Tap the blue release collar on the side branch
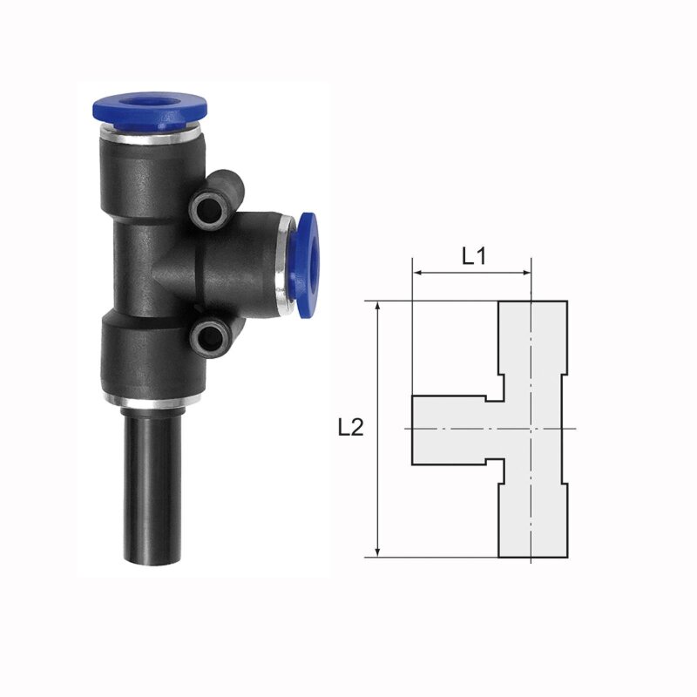coord(307,266)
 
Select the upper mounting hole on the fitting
coord(208,207)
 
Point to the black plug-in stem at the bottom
coord(152,488)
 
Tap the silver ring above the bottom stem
coord(152,402)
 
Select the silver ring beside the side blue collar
coord(285,266)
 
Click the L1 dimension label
coord(474,256)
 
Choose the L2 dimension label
coord(351,428)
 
